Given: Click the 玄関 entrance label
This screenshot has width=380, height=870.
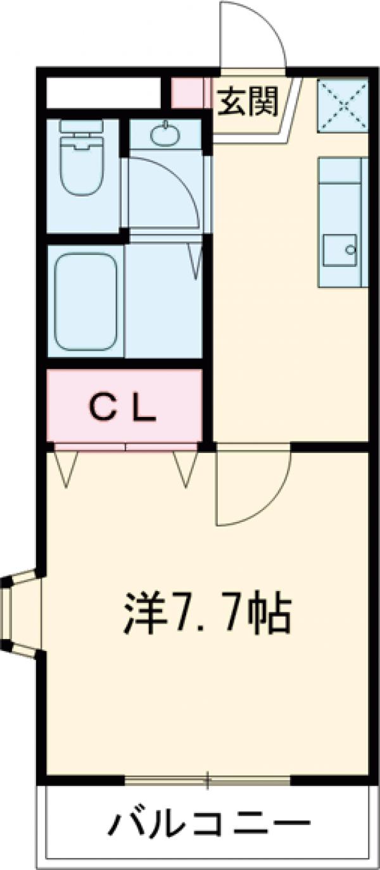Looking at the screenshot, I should pos(248,101).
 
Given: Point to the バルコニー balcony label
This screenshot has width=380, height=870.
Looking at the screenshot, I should pos(212,824).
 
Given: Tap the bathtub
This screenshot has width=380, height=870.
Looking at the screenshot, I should pos(85,301).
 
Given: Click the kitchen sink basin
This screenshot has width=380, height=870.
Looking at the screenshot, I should pos(339,251).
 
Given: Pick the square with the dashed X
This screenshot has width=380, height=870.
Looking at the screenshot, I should pos(343,105).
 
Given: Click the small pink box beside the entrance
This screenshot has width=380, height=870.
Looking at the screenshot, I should pos(191,92).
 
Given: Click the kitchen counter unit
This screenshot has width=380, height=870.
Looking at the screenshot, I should pos(343,221).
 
